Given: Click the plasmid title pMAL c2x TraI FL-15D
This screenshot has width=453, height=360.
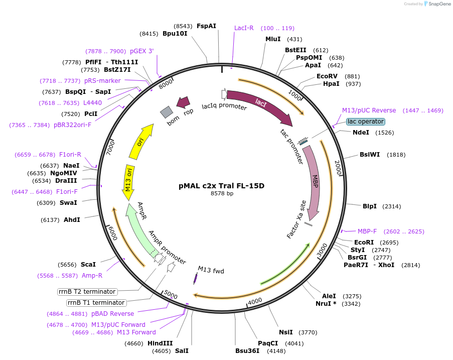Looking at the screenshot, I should click(221, 186).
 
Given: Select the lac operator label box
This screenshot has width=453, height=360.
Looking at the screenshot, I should click(365, 122).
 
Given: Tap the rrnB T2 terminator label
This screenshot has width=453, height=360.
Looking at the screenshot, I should click(87, 292).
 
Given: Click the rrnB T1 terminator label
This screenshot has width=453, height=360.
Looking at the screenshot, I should click(96, 303).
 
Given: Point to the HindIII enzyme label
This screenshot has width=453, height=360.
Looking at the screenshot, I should click(160, 343).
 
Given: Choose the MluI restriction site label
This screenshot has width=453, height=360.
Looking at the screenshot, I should click(273, 39).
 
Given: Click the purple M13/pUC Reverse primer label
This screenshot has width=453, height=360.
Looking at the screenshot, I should click(369, 110).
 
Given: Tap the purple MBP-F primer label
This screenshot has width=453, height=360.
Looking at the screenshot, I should click(367, 231).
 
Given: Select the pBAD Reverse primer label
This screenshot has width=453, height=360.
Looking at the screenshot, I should click(112, 314).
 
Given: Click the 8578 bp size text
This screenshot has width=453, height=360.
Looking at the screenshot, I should click(222, 193).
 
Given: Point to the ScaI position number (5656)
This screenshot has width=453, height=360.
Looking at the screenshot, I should click(66, 265).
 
